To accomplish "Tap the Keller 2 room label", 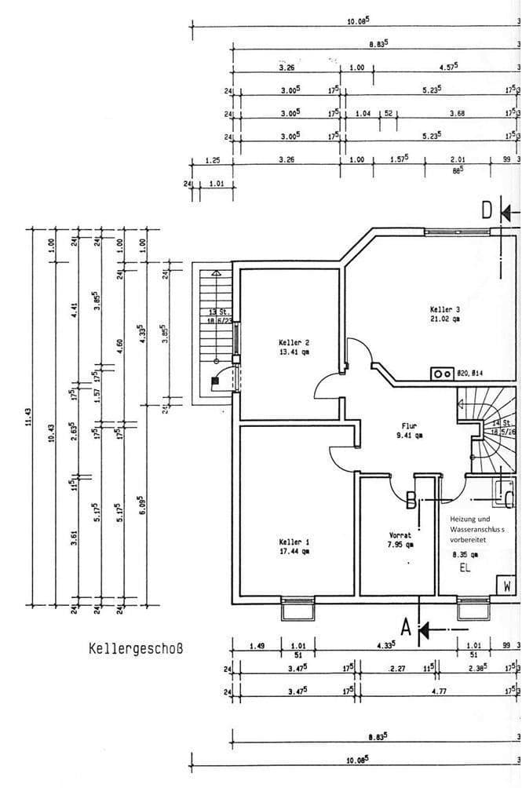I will pos(294,342).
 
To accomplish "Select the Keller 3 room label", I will pos(444,308).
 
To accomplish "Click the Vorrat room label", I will pos(400,534).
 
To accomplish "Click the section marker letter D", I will pos(487,210).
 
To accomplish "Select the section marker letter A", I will pos(406,627).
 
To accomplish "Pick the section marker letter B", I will pos(410,498).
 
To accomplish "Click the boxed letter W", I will pos(507,586).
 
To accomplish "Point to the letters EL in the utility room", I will pos(465,568).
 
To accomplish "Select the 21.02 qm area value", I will pos(444,319).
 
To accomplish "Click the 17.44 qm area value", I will pos(294,552).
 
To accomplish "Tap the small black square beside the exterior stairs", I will pos(215,381).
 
